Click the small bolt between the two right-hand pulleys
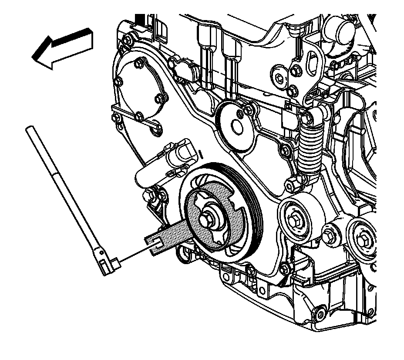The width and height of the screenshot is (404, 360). pos(331,234)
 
